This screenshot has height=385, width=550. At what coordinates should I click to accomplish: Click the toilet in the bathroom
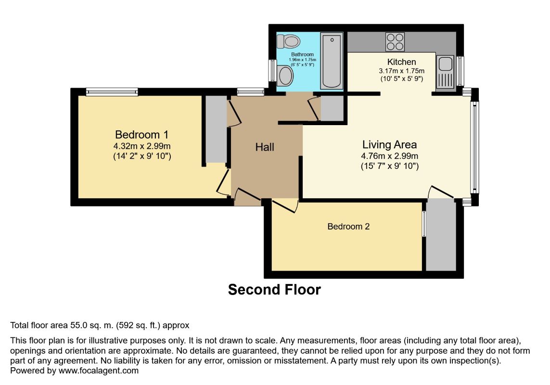(288, 41)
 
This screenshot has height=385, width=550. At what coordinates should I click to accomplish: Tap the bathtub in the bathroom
(332, 60)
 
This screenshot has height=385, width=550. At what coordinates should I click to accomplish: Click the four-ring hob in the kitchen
(395, 42)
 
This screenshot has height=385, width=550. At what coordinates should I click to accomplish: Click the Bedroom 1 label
(141, 135)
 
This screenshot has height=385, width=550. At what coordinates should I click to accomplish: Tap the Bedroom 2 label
(348, 226)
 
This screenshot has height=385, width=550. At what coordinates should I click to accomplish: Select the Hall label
(265, 147)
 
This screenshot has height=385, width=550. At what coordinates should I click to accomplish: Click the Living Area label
(389, 144)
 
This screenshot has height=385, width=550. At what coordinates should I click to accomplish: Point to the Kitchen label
(402, 62)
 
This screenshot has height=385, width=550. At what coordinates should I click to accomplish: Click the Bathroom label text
(302, 54)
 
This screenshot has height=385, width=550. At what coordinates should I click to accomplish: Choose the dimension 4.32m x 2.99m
(142, 146)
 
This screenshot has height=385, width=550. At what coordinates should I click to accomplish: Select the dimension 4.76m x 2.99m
(390, 156)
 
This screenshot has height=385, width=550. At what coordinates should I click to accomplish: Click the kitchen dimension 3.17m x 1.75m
(402, 71)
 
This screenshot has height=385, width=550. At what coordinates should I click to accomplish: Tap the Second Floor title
(274, 290)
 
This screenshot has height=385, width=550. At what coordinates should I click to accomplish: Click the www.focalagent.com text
(99, 371)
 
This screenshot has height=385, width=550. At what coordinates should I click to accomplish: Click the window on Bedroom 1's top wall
(112, 92)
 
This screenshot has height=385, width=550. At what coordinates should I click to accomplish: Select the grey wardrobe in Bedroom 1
(216, 129)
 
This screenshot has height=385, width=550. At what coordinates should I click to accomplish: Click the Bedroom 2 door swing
(285, 205)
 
